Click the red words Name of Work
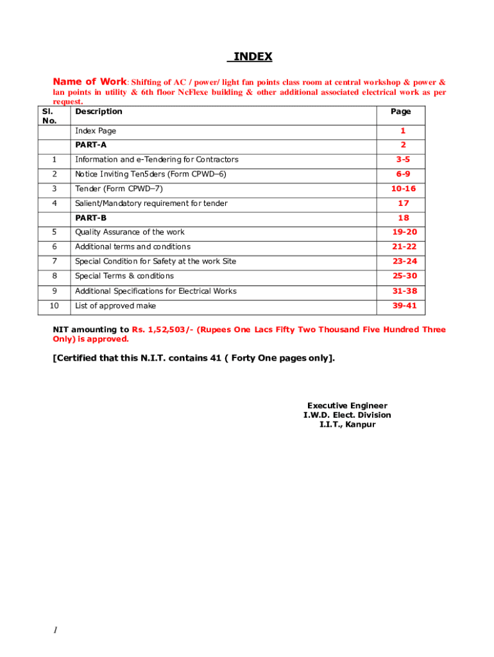90,81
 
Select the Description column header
98,112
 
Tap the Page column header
401,112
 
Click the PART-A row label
90,145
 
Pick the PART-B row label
90,218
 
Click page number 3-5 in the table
403,159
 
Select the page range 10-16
404,189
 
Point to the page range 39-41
404,305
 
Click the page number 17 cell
404,203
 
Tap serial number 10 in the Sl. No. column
54,306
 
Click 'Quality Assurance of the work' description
130,232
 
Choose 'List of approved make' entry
115,306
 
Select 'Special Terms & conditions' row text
124,276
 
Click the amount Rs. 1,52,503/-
162,329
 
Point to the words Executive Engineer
347,405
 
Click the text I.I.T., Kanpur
347,425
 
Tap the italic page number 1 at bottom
55,631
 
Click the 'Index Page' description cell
96,131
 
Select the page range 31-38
404,291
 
